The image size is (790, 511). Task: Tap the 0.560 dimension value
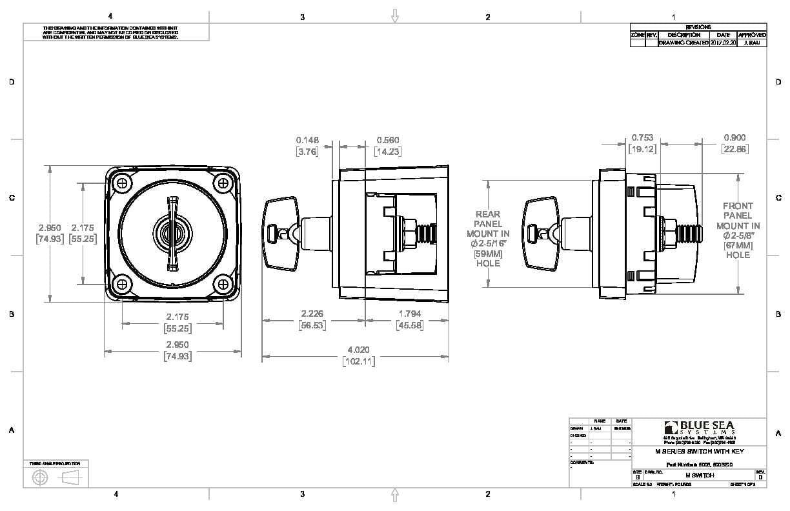387,140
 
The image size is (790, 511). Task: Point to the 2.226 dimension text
312,314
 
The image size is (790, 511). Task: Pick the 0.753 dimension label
642,137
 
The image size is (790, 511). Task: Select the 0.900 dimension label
734,137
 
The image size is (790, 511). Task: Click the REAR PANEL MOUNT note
488,238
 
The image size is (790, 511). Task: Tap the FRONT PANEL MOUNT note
738,230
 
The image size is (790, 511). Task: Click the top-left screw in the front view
122,183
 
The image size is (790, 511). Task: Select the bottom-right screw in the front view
223,284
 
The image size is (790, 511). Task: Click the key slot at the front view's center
172,234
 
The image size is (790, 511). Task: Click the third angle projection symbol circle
40,477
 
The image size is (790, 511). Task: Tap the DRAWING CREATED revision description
684,42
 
